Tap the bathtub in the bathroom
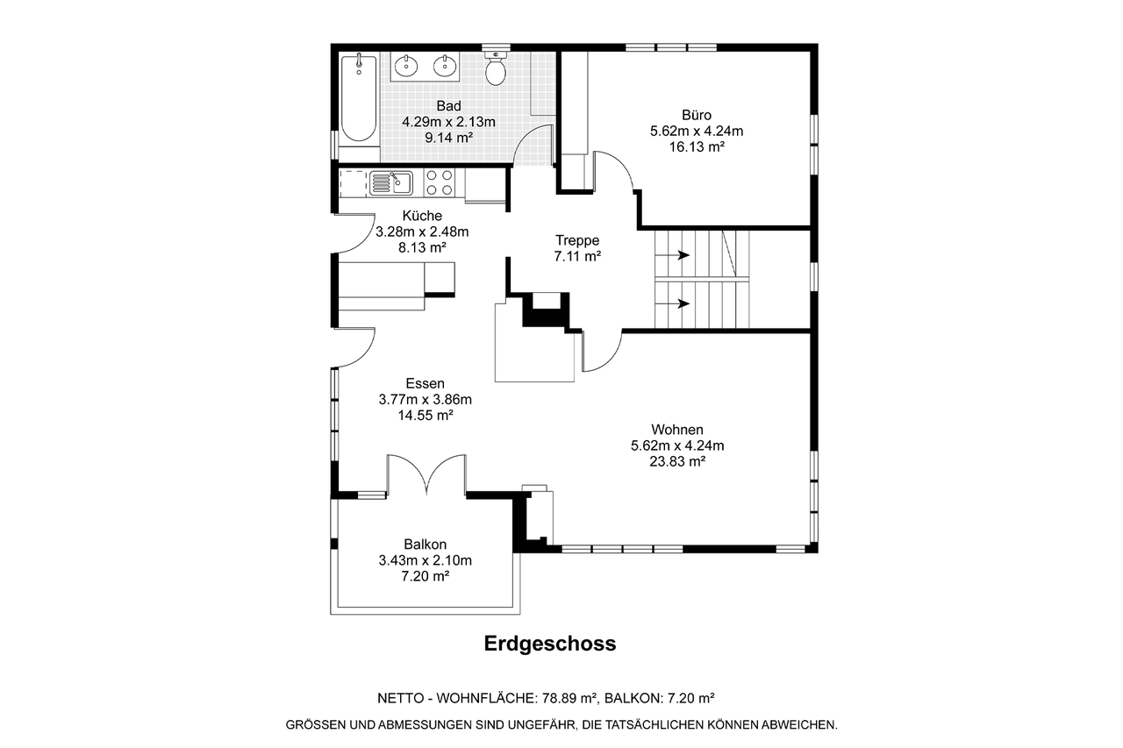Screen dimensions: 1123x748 tap(359, 98)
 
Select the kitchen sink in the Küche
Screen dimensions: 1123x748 tap(391, 183)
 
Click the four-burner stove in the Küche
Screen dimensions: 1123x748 tap(440, 183)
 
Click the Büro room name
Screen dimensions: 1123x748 tap(697, 115)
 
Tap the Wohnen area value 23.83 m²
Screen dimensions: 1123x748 tap(677, 461)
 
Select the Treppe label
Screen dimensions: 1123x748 tap(577, 240)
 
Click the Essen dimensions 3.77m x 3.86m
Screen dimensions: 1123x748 tap(426, 400)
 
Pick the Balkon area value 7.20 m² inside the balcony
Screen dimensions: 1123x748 tap(426, 576)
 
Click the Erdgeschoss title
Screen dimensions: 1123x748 tap(550, 644)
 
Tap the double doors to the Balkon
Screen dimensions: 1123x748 tap(426, 474)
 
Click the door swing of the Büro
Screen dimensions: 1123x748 tap(615, 168)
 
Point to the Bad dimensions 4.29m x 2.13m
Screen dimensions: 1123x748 tap(448, 122)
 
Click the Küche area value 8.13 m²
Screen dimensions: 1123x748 tap(422, 247)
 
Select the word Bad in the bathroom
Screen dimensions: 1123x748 tap(448, 106)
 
